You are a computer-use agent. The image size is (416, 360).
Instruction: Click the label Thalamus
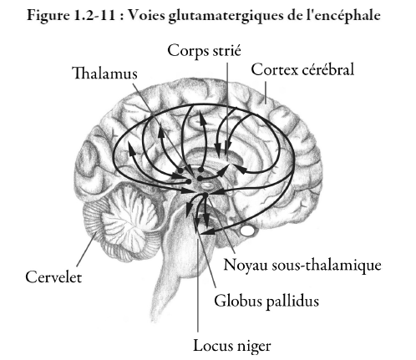(x=105, y=74)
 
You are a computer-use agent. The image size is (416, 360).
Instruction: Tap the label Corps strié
(x=204, y=51)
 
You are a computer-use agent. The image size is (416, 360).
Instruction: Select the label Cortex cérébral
(x=302, y=69)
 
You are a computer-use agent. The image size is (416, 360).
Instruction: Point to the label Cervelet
(x=53, y=277)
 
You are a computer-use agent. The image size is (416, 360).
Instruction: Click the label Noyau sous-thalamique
(x=302, y=265)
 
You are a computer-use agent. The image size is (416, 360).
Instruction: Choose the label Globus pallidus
(x=266, y=302)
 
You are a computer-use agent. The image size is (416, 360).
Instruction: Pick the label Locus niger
(x=232, y=346)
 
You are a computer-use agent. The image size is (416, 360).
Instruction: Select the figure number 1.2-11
(x=95, y=15)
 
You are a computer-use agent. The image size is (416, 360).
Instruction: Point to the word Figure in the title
(x=48, y=16)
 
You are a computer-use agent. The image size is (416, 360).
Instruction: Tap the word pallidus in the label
(x=292, y=302)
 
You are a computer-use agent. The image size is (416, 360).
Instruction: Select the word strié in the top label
(x=226, y=50)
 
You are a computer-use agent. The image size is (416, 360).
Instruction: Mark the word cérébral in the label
(x=328, y=69)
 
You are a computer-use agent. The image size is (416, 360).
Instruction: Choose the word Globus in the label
(x=238, y=301)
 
